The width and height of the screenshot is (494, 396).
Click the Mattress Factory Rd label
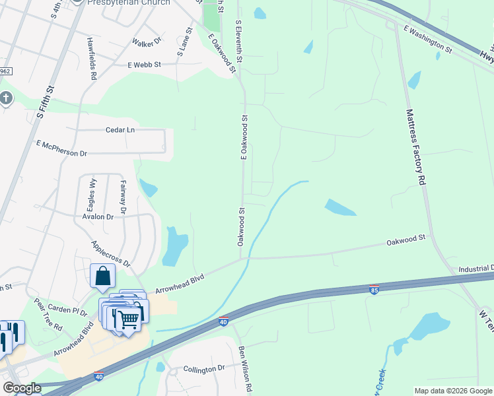click(x=414, y=147)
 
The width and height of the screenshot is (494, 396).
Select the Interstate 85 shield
click(x=373, y=290)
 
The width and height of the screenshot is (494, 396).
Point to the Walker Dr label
click(x=147, y=43)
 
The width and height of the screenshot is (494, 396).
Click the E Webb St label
click(x=145, y=65)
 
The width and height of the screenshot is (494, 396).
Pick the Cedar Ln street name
click(x=120, y=130)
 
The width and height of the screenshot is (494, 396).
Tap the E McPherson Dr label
click(x=62, y=148)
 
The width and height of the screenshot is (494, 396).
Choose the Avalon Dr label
click(x=98, y=216)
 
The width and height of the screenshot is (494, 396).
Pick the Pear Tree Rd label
click(x=48, y=317)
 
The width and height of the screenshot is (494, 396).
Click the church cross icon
click(x=6, y=99)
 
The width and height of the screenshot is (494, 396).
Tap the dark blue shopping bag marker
click(x=104, y=277)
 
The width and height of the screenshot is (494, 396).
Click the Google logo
click(x=22, y=388)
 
